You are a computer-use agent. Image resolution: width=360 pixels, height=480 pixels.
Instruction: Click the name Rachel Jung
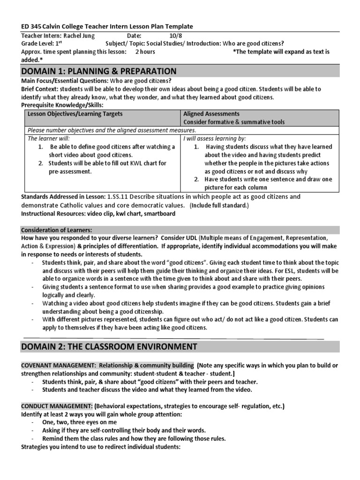coord(78,36)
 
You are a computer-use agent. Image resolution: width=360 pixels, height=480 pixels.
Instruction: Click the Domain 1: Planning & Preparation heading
coord(99,71)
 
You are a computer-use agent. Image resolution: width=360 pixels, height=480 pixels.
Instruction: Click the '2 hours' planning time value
coord(145,52)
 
